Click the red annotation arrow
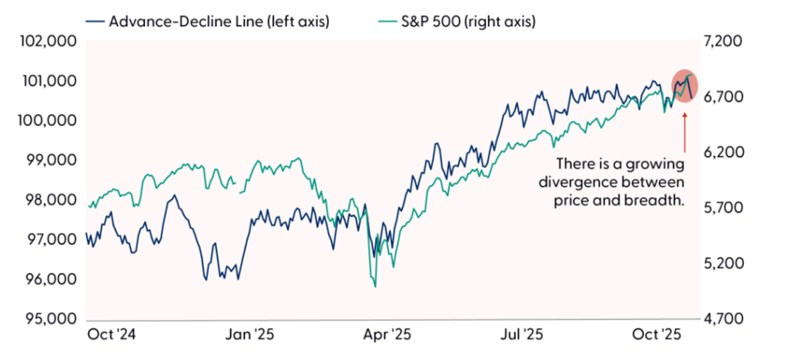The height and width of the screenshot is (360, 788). [685, 131]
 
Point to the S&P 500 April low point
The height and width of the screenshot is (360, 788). [375, 286]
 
